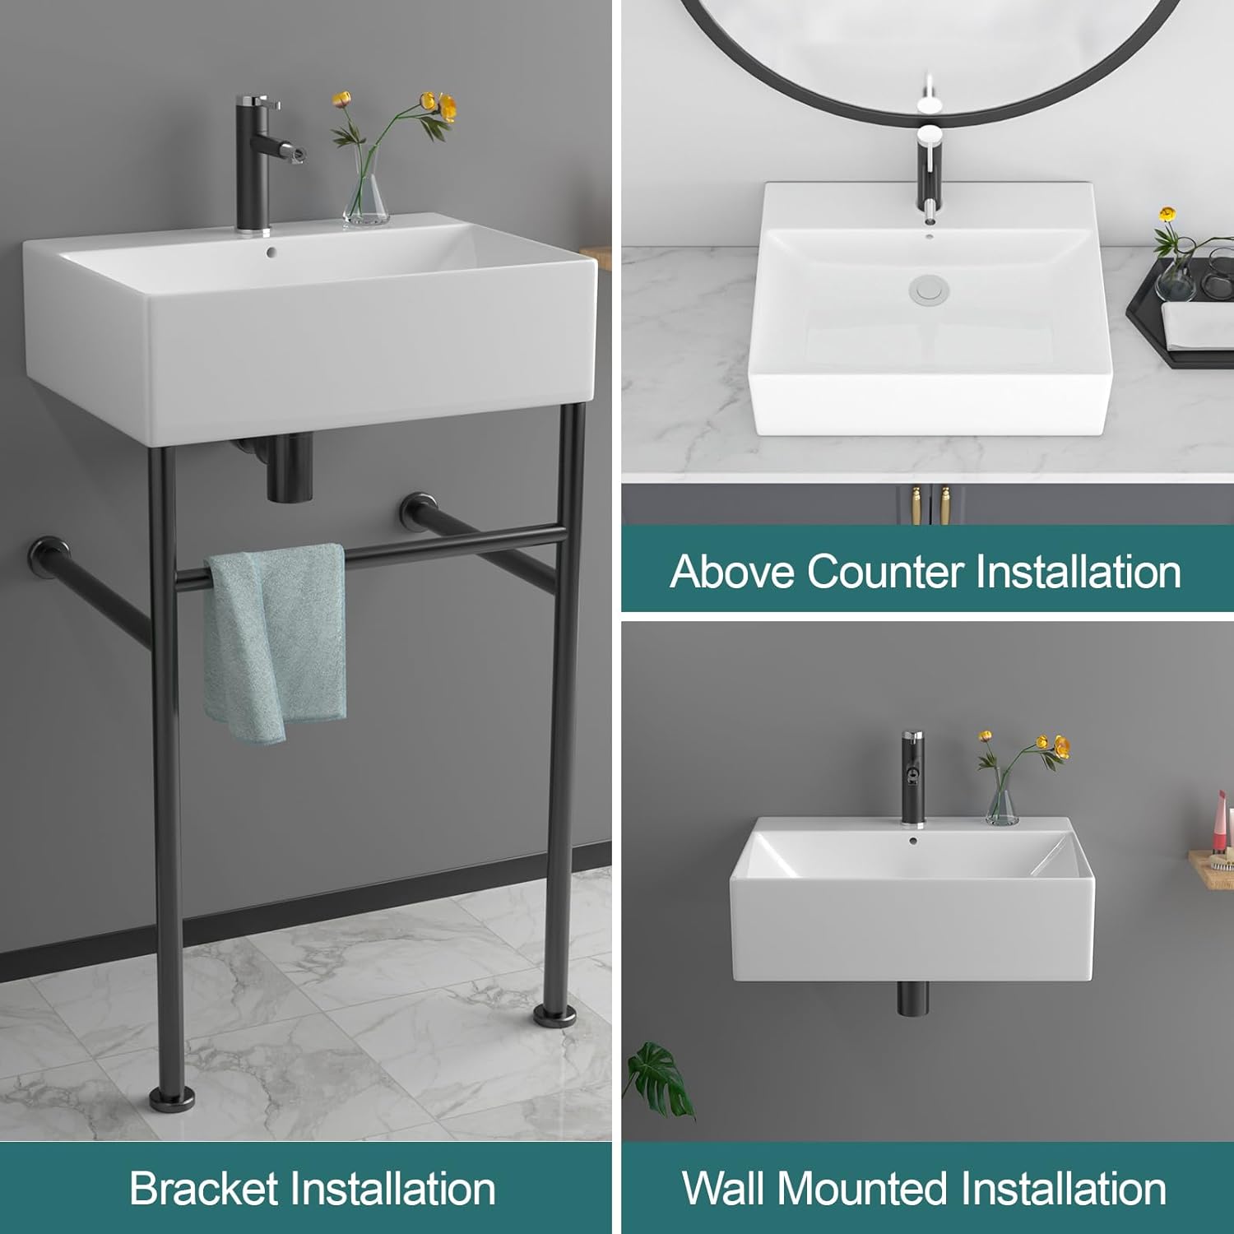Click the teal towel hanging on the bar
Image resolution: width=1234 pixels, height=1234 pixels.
[x=276, y=642]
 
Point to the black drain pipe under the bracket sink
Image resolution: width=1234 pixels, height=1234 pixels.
[x=290, y=469]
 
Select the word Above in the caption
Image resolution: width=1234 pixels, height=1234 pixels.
[x=733, y=571]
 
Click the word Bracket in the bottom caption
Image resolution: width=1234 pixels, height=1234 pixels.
[x=203, y=1189]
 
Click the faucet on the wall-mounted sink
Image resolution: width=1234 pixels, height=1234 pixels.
[x=912, y=777]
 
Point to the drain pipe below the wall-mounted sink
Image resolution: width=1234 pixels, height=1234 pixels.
[x=912, y=996]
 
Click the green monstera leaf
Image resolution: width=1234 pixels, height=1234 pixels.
[x=662, y=1078]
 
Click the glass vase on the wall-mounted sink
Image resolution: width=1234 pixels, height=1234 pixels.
[x=1001, y=802]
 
